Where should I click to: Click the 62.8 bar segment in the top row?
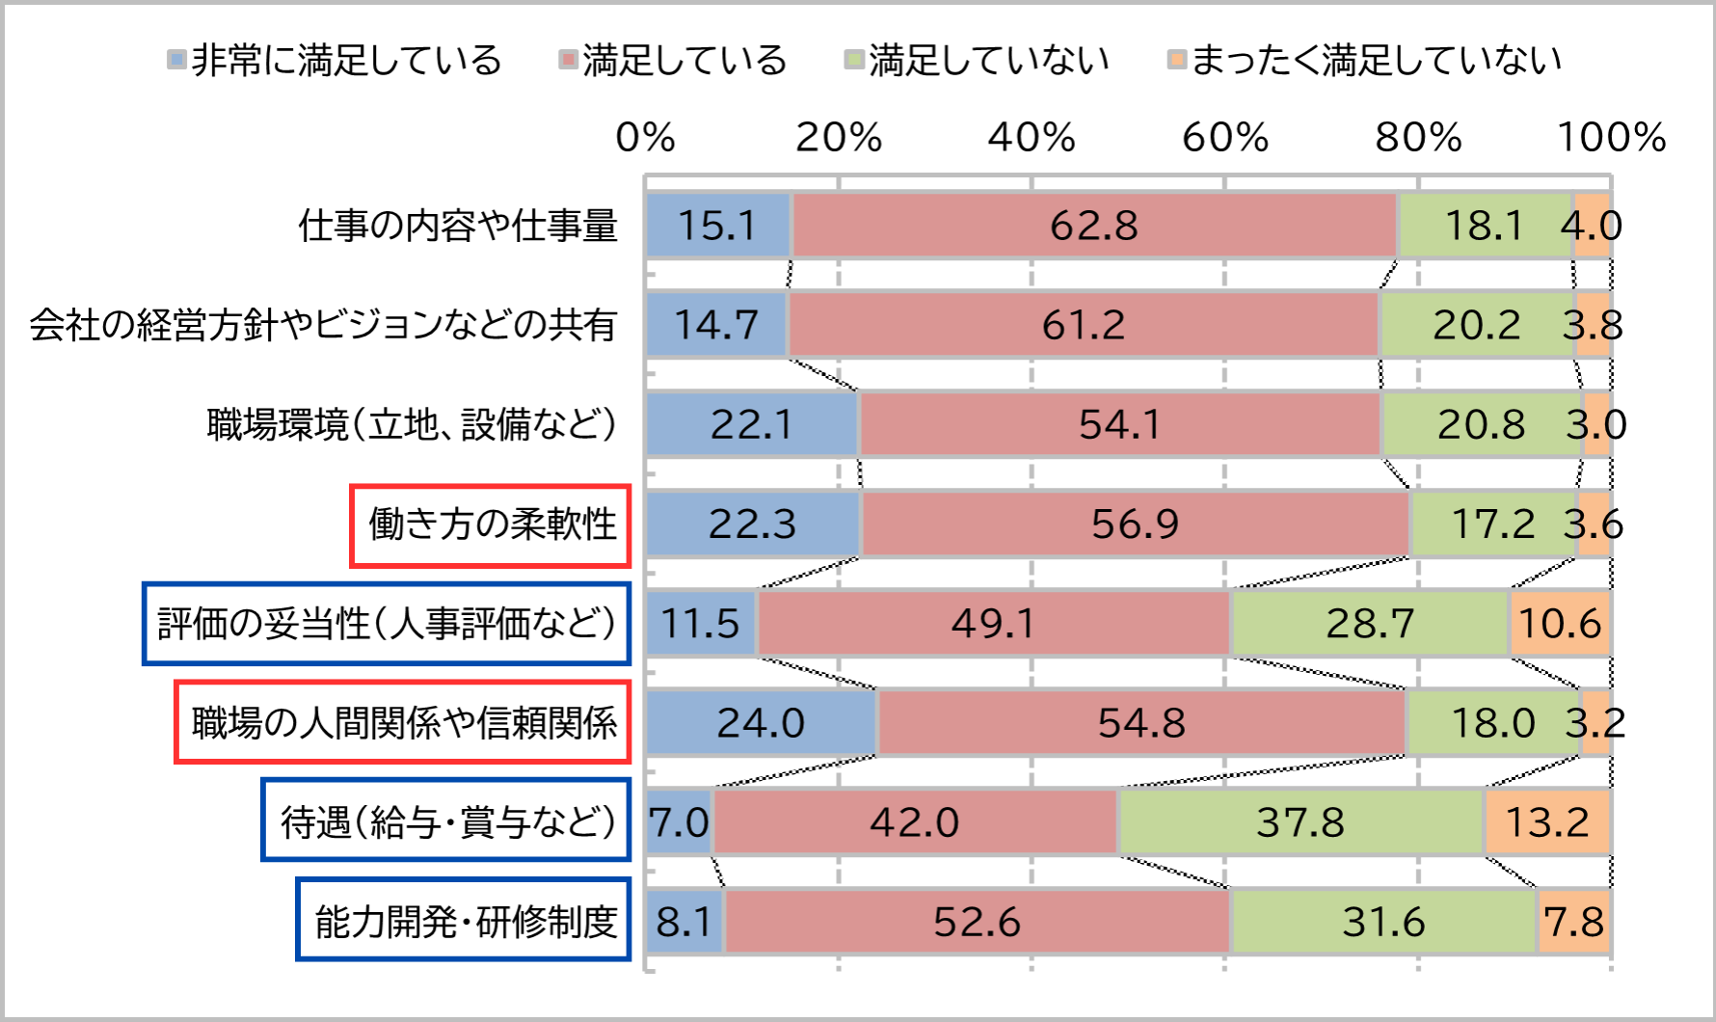(1094, 226)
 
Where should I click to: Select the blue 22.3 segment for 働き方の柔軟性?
(753, 524)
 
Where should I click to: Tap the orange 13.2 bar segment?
(1547, 822)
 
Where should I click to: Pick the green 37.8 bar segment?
(1300, 822)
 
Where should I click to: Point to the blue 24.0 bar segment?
(762, 723)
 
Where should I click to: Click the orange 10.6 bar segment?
(1560, 624)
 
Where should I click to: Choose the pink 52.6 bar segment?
(977, 922)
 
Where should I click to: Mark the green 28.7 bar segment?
(1370, 624)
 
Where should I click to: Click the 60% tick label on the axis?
(1225, 138)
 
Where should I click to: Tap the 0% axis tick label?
(645, 138)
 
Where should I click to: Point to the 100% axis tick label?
(1612, 138)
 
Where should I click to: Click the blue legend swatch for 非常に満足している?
(176, 60)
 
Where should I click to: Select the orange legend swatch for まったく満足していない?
(1176, 60)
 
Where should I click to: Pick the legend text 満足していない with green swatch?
(989, 60)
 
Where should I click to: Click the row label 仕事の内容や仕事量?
(458, 226)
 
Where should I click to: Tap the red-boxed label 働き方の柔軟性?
(492, 525)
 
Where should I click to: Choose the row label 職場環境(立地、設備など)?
(412, 424)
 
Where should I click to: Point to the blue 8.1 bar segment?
(684, 922)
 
